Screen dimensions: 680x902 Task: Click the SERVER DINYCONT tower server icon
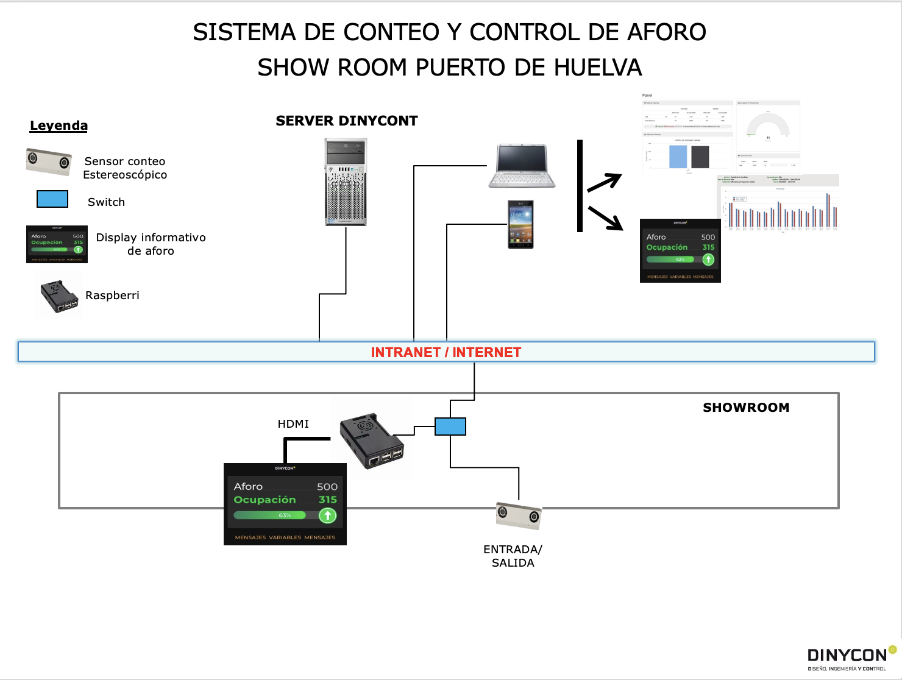[346, 182]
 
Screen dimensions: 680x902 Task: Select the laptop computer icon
[522, 166]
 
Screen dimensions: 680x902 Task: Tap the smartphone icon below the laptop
[520, 224]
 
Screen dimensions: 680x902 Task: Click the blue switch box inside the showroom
[450, 427]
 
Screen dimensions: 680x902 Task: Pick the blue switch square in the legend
[52, 199]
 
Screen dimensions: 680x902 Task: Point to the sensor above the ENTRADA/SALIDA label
[519, 515]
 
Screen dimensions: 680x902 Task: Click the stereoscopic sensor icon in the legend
[49, 161]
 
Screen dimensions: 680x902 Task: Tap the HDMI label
[293, 424]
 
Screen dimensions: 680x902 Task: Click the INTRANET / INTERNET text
[446, 352]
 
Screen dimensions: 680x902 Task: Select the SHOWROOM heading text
[746, 408]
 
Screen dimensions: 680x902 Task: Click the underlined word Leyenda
[59, 126]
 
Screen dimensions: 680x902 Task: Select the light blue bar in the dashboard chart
[678, 157]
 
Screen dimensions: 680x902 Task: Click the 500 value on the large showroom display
[327, 487]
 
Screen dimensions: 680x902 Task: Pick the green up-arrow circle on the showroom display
[328, 515]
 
